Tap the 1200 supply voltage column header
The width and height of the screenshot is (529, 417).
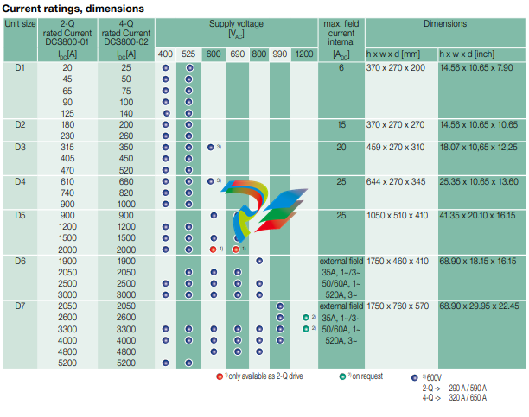pyautogui.click(x=303, y=54)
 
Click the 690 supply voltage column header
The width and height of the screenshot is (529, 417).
pyautogui.click(x=235, y=54)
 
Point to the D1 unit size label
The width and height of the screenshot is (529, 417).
pyautogui.click(x=21, y=66)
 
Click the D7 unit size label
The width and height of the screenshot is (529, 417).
pyautogui.click(x=21, y=306)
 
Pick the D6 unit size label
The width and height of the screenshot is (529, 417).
pyautogui.click(x=21, y=260)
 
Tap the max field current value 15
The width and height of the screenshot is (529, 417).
pyautogui.click(x=341, y=124)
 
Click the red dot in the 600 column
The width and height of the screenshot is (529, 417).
pyautogui.click(x=213, y=249)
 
